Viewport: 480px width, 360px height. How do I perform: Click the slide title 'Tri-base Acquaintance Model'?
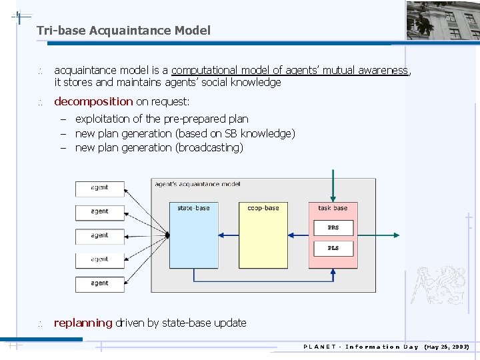coord(123,30)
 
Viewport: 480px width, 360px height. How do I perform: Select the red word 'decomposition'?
coord(93,101)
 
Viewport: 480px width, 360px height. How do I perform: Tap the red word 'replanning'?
coord(83,323)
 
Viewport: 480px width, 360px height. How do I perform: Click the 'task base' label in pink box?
coord(333,208)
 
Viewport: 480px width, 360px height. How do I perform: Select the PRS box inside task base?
coord(333,227)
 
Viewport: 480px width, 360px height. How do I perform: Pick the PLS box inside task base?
coord(333,248)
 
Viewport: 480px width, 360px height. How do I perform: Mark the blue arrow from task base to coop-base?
coord(298,235)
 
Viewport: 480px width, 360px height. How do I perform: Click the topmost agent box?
coord(99,188)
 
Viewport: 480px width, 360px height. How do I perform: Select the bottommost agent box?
coord(99,283)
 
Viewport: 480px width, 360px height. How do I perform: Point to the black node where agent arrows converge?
coord(167,235)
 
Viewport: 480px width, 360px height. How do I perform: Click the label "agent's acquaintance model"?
coord(197,184)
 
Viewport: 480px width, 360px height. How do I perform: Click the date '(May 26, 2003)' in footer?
coord(447,347)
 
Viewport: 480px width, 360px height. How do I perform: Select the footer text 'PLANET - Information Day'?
coord(361,347)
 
